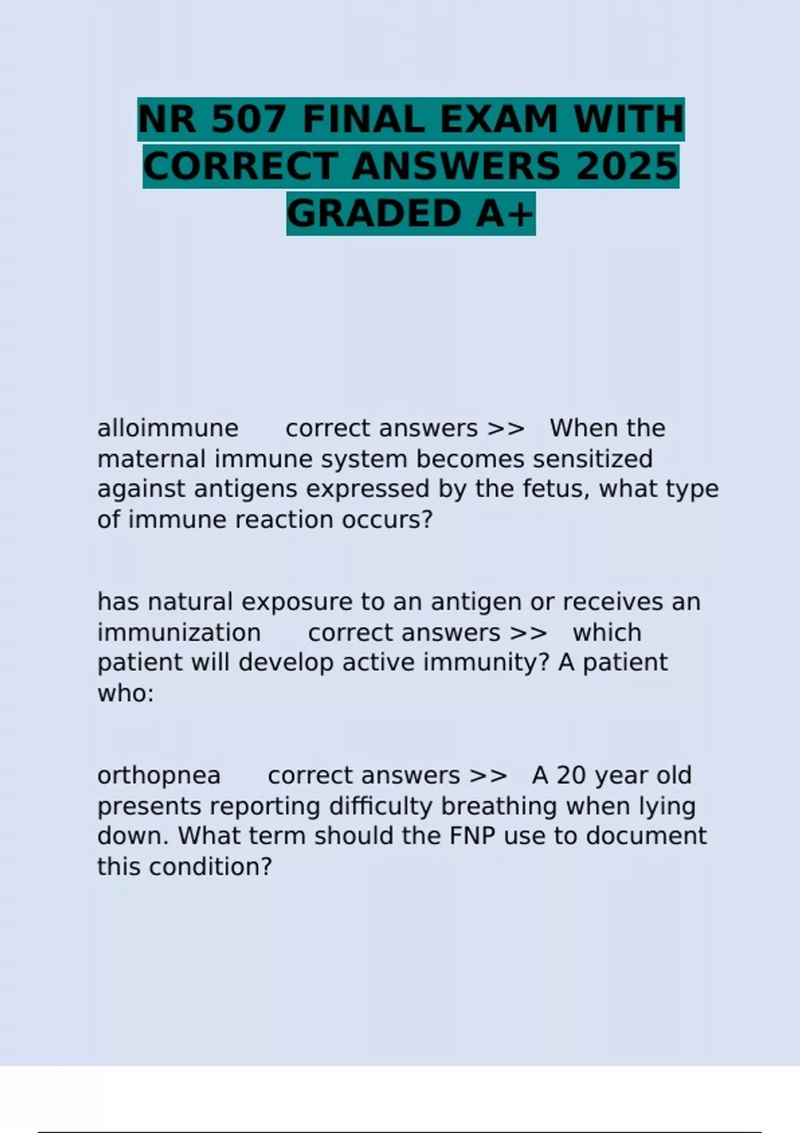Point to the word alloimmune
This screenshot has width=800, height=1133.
click(167, 428)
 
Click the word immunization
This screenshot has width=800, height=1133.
click(179, 632)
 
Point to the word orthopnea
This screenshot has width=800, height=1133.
click(159, 776)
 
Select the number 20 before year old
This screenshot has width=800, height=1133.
click(572, 776)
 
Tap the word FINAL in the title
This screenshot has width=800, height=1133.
click(363, 120)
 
